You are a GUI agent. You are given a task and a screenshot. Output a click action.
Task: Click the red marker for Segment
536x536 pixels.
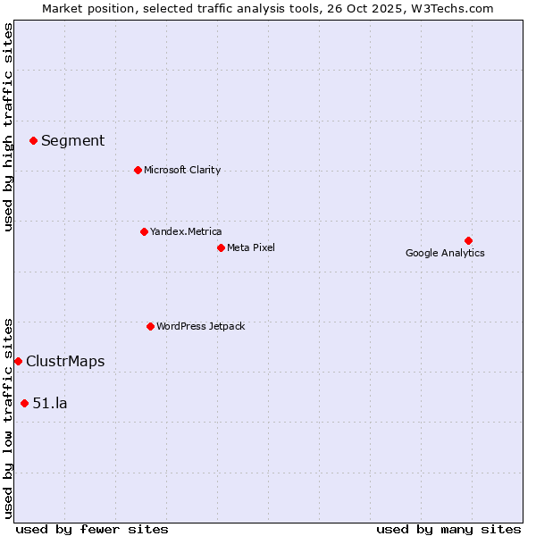click(x=33, y=140)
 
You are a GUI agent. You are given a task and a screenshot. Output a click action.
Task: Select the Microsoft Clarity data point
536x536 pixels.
click(x=138, y=170)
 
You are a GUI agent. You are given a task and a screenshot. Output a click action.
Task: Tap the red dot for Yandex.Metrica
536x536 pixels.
click(x=144, y=231)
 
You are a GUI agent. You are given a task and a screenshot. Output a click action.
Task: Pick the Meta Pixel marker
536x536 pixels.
click(x=221, y=247)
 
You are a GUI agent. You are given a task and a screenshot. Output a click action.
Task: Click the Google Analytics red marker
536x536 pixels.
click(x=468, y=240)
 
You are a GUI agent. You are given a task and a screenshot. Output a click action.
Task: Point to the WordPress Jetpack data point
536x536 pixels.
click(x=150, y=326)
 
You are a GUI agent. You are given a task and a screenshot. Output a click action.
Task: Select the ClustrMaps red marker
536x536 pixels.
click(x=18, y=361)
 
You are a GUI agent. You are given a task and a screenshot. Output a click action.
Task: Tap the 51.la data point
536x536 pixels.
click(x=24, y=403)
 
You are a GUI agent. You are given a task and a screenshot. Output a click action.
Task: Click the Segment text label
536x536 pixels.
click(x=72, y=140)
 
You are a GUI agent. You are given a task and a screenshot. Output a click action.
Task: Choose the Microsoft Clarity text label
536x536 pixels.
click(x=182, y=170)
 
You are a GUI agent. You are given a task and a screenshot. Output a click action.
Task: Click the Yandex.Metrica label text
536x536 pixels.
click(x=186, y=231)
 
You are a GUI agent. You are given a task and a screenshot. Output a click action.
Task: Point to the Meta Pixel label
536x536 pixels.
click(x=251, y=247)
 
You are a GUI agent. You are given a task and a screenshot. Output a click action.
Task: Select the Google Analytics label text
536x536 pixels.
click(x=445, y=253)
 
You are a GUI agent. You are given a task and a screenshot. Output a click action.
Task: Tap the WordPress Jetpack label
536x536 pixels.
click(x=200, y=326)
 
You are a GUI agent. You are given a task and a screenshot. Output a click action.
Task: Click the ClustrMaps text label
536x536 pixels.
click(x=65, y=361)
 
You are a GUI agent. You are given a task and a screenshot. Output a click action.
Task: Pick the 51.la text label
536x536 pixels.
click(x=50, y=403)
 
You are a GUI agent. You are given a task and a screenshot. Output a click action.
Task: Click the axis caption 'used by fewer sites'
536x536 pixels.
click(x=92, y=529)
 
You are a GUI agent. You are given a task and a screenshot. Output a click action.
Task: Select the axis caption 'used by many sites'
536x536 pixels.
click(x=448, y=529)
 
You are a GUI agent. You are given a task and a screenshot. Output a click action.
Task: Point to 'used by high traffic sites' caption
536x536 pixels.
click(x=8, y=127)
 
